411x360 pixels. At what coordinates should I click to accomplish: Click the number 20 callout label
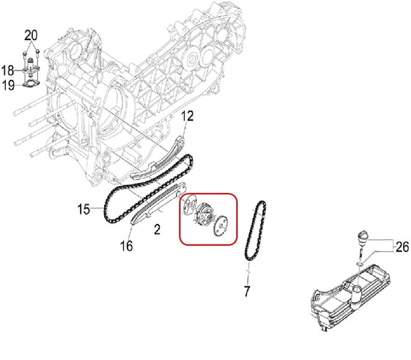click(x=31, y=35)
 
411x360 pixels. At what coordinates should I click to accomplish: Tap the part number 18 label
click(x=8, y=71)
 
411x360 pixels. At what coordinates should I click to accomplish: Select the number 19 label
click(x=8, y=86)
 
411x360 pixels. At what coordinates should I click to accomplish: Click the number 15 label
click(x=84, y=209)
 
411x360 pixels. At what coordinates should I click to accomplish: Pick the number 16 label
click(x=126, y=246)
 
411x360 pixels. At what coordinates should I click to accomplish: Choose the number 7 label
click(x=247, y=290)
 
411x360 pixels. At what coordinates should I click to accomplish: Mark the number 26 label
click(x=402, y=247)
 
